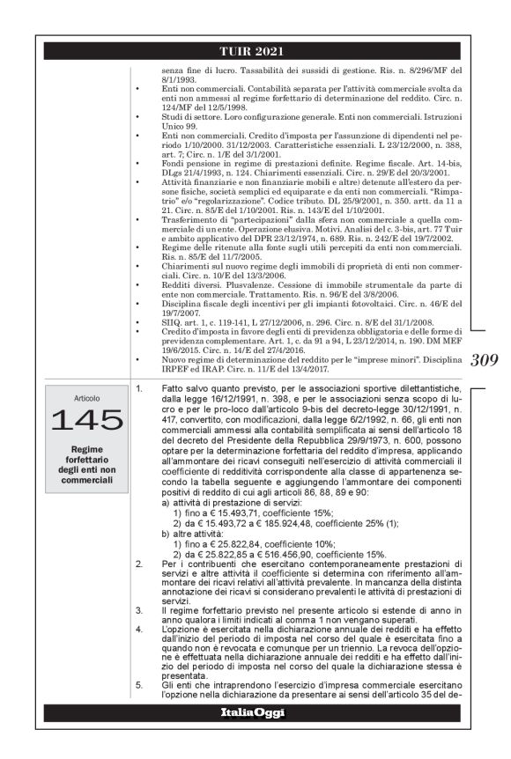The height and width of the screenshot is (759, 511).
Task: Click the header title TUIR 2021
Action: point(255,51)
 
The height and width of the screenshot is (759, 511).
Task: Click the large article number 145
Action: point(86,421)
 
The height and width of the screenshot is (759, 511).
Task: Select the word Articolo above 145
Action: point(86,398)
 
